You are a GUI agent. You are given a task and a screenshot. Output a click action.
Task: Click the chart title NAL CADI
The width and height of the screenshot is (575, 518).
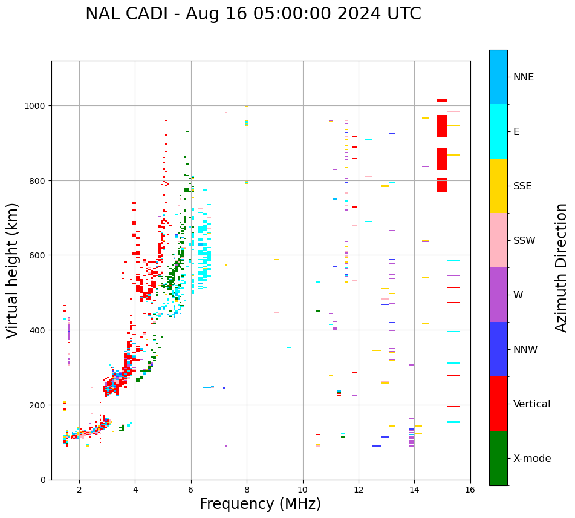[x=253, y=14]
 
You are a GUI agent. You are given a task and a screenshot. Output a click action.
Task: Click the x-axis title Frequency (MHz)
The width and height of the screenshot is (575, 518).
[x=260, y=504]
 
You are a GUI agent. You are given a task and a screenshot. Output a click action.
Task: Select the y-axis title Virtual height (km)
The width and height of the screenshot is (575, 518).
[x=13, y=270]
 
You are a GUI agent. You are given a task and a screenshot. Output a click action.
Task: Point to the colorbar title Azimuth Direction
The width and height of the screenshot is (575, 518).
[x=562, y=267]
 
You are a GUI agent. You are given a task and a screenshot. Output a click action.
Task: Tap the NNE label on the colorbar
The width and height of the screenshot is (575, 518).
[x=524, y=77]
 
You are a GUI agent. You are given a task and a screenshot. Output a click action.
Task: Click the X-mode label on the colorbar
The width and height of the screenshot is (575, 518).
[x=532, y=459]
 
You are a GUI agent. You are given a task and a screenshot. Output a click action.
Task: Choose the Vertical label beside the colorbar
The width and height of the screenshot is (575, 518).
[x=532, y=404]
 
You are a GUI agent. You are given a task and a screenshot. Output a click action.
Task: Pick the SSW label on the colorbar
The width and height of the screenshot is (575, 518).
[x=524, y=241]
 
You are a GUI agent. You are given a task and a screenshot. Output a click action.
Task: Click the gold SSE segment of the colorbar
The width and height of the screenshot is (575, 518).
[x=498, y=186]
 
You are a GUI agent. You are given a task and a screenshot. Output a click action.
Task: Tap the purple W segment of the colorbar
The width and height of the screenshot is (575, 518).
[x=498, y=295]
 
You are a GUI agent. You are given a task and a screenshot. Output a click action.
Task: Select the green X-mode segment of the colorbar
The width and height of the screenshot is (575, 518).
[x=498, y=458]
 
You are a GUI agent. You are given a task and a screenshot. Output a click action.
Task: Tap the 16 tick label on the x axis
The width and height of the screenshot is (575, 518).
[x=470, y=490]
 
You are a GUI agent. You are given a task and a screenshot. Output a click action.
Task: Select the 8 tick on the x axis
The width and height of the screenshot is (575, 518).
[x=247, y=490]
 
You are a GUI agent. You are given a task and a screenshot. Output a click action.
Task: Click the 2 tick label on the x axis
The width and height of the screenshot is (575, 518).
[x=79, y=490]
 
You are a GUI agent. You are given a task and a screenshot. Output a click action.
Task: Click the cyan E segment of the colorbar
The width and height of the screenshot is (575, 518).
[x=498, y=131]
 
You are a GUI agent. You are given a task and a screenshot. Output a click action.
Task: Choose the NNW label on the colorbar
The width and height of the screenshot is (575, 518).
[x=526, y=350]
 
